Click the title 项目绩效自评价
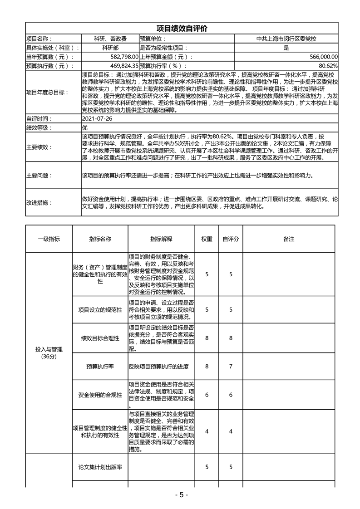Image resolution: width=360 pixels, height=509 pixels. click(182, 29)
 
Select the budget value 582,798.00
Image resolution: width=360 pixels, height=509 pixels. click(123, 57)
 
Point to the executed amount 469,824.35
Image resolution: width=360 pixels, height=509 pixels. click(122, 66)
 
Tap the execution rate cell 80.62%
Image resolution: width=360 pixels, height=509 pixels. click(328, 66)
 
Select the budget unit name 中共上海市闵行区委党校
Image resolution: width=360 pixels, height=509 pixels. click(286, 39)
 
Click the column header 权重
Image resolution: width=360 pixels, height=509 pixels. click(207, 239)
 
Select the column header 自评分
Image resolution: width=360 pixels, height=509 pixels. click(231, 239)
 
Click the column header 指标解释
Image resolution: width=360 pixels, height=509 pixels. click(161, 239)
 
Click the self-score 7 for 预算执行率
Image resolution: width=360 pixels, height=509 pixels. click(231, 366)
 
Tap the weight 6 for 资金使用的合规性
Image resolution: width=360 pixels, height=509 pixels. click(207, 395)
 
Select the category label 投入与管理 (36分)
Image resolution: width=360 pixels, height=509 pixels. click(48, 353)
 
